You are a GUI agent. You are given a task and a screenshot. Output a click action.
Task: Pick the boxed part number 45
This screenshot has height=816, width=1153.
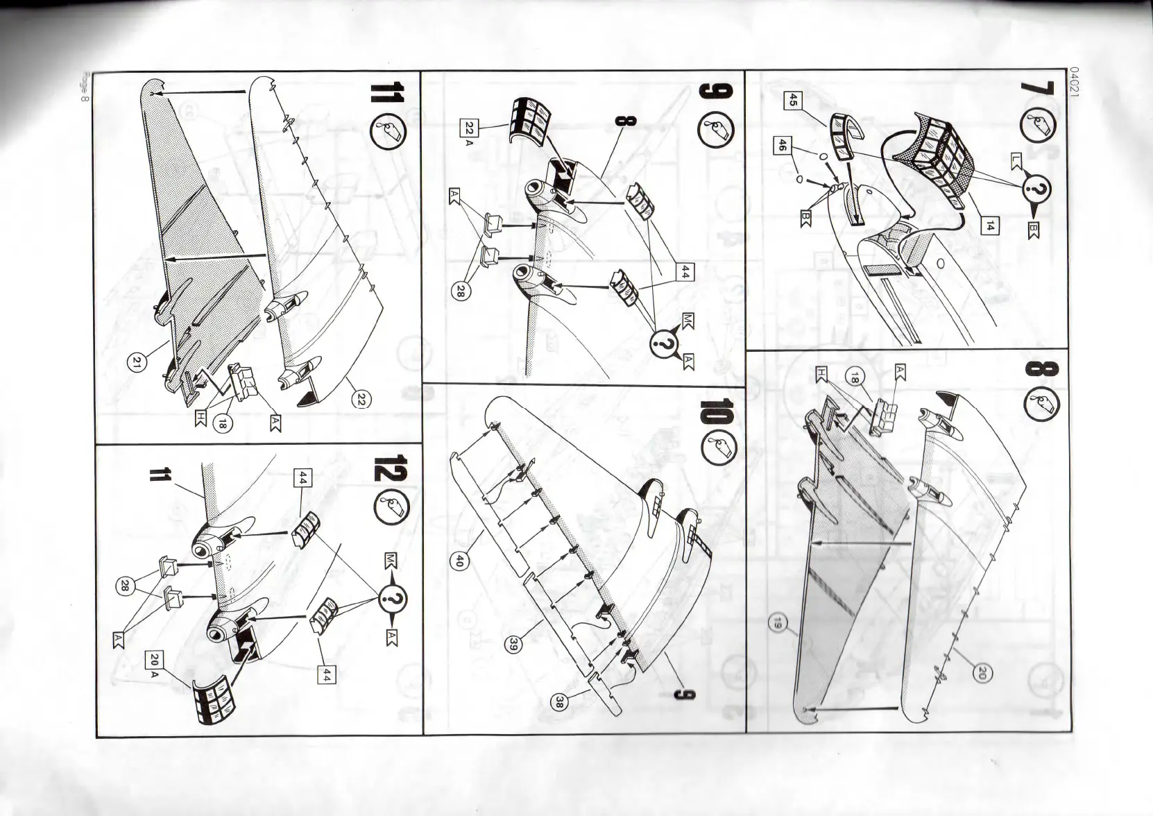click(x=793, y=101)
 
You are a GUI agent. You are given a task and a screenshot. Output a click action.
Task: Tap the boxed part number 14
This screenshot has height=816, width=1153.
click(x=991, y=225)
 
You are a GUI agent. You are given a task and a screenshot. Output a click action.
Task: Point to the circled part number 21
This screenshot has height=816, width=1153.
click(x=136, y=363)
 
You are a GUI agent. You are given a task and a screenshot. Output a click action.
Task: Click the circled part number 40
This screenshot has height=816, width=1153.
click(x=458, y=562)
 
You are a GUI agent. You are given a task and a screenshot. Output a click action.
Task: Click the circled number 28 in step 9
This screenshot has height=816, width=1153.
click(x=459, y=292)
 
